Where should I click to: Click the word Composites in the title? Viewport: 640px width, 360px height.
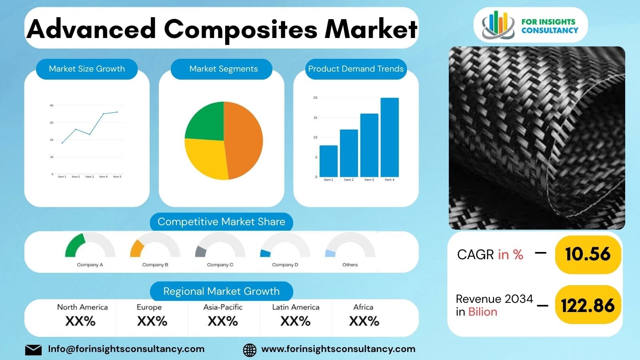(240, 29)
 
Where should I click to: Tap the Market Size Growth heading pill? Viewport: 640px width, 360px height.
(87, 69)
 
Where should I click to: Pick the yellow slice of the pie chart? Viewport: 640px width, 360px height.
(206, 158)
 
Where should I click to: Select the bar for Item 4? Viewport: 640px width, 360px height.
(390, 137)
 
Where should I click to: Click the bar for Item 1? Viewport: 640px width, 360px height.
(328, 161)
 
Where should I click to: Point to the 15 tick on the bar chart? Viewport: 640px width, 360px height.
(315, 118)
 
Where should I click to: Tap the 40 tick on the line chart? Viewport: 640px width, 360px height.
(52, 106)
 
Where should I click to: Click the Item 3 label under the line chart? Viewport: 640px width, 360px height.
(90, 177)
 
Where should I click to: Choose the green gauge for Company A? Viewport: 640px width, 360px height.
(75, 245)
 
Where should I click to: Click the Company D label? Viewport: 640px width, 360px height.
(285, 265)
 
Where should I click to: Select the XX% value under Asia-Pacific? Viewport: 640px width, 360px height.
(223, 321)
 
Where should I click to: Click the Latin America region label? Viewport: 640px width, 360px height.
(296, 307)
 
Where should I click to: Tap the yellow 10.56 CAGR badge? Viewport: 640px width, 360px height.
(588, 254)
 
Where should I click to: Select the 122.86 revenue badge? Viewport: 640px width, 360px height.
(588, 306)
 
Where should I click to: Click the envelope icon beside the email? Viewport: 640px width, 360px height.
(33, 350)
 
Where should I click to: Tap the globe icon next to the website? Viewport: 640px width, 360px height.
(250, 350)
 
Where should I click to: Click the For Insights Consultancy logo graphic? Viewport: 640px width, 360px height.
(498, 25)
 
